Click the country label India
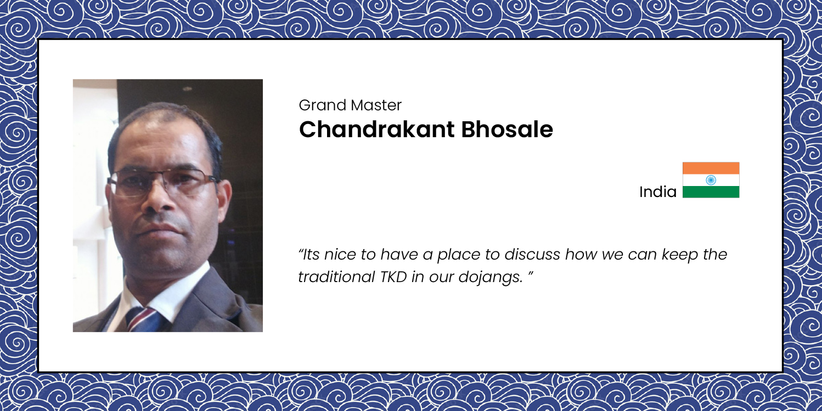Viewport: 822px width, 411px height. coord(658,192)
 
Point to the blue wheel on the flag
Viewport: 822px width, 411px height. coord(711,180)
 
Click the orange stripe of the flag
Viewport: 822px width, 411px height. coord(711,168)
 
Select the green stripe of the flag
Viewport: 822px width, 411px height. coord(711,192)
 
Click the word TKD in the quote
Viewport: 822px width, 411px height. coord(394,277)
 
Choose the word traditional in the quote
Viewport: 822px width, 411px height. coord(336,277)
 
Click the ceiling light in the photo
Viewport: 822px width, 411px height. coord(187,89)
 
